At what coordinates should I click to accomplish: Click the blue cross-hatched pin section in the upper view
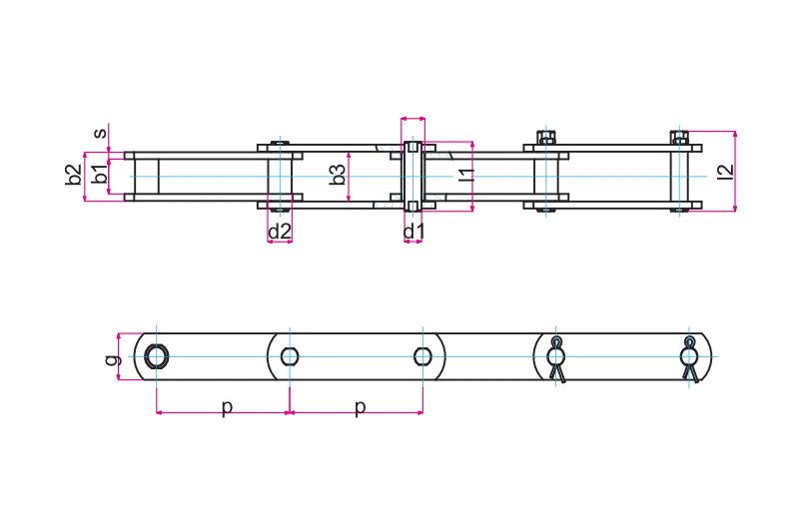[410, 178]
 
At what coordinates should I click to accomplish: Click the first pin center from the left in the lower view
[156, 355]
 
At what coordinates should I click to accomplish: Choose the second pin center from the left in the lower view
[290, 355]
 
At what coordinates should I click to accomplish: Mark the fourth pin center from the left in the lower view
[555, 355]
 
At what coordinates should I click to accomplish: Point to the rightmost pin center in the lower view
[689, 355]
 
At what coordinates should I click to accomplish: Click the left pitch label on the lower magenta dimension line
[224, 409]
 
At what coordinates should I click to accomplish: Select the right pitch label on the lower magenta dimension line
[358, 409]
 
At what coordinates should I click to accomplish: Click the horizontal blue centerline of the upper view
[619, 179]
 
